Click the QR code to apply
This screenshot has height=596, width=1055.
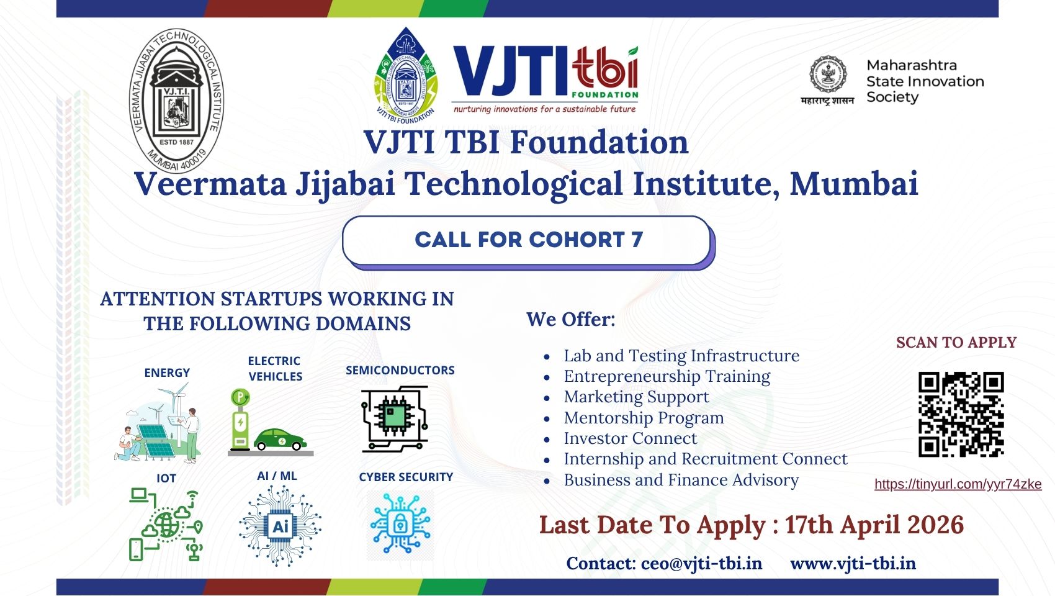tap(961, 414)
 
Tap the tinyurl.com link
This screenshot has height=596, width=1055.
tap(958, 484)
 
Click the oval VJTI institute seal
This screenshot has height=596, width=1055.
tap(177, 101)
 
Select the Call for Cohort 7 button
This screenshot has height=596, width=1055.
tap(529, 242)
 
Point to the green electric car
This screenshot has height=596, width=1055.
tap(281, 439)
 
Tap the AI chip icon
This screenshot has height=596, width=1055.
tap(281, 526)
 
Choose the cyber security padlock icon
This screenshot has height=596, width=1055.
tap(400, 524)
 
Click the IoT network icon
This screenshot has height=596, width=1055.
tap(166, 525)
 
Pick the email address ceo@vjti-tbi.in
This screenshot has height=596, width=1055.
tap(701, 564)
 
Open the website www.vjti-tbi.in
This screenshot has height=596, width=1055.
tap(853, 564)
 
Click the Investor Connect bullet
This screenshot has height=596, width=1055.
tap(630, 438)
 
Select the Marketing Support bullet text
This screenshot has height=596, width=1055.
tap(636, 397)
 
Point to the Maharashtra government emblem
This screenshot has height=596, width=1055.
tap(827, 74)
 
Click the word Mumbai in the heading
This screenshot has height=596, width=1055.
tap(854, 183)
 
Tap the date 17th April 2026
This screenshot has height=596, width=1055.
tap(874, 525)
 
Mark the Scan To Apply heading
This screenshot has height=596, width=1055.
tap(956, 343)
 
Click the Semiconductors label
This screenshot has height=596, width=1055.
tap(400, 370)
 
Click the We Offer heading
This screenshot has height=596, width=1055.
tap(571, 320)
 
